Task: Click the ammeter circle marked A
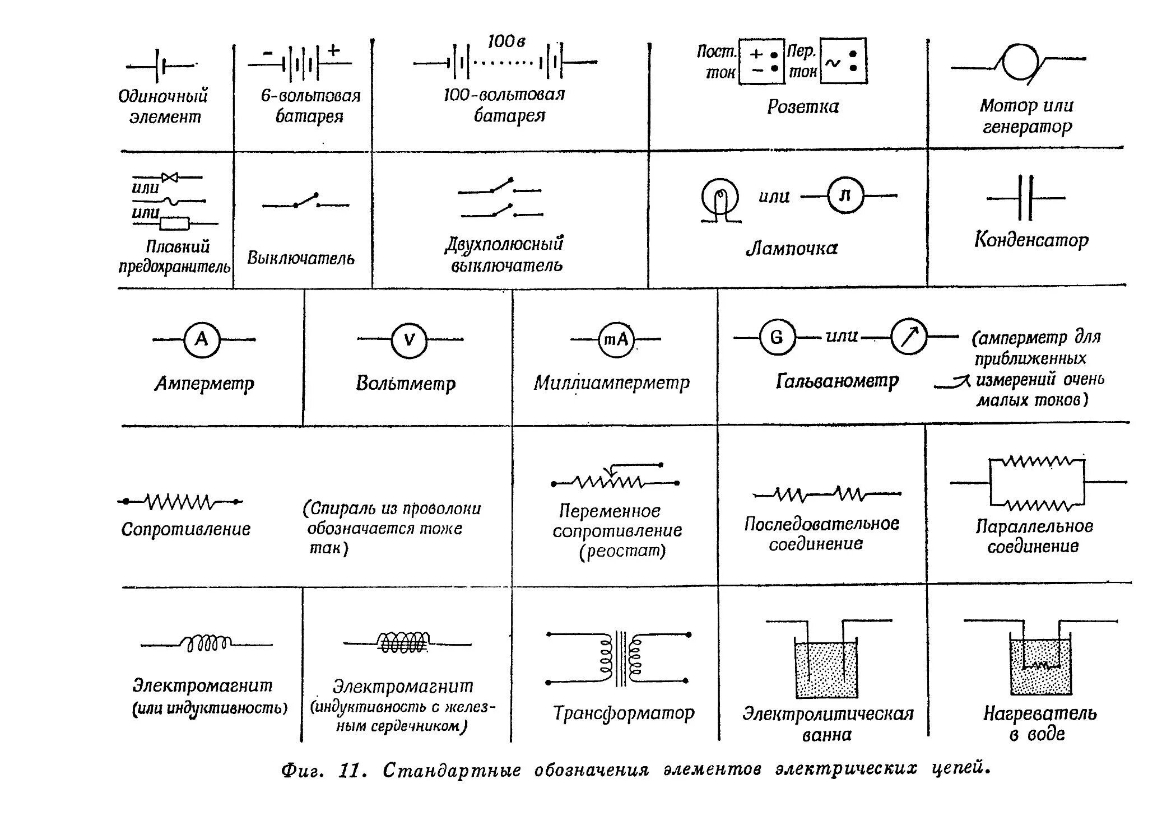[202, 339]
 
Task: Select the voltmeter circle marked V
[409, 339]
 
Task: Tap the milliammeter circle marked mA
[616, 339]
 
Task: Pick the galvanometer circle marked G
[777, 337]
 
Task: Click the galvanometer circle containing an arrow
[909, 337]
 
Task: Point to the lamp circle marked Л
[845, 196]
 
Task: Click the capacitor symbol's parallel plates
[1026, 198]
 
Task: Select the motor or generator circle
[1021, 61]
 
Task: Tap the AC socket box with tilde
[843, 61]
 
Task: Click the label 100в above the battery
[506, 41]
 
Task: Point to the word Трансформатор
[624, 713]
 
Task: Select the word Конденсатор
[1031, 240]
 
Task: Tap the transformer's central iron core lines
[621, 659]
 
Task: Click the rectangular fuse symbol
[174, 223]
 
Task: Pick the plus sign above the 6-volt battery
[333, 50]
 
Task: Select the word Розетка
[803, 106]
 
